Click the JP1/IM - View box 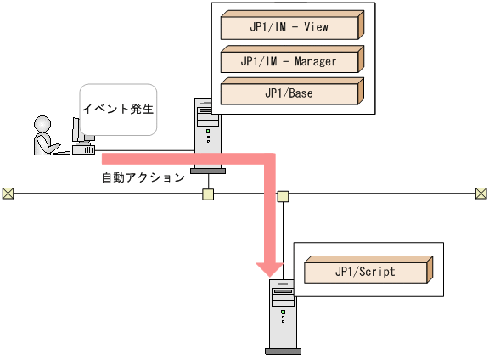coord(288,27)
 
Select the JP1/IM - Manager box coord(288,61)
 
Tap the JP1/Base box coord(288,93)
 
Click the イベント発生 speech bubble coord(119,110)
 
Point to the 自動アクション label coord(143,178)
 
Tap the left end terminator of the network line coord(8,194)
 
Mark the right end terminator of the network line coord(481,194)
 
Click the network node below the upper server coord(208,195)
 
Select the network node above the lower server coord(283,197)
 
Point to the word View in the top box coord(315,27)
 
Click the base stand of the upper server coord(208,170)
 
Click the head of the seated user coord(42,124)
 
